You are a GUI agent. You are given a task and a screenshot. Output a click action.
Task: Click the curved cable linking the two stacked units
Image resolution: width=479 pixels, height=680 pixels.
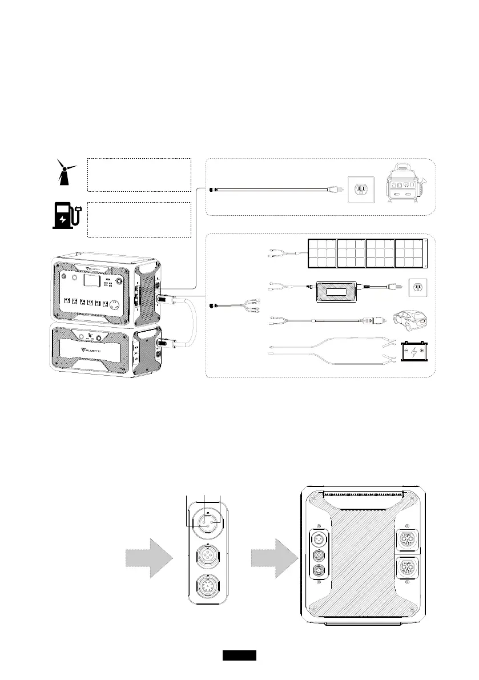click(192, 323)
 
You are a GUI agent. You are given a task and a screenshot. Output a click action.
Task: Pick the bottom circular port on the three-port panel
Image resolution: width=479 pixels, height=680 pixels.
click(207, 588)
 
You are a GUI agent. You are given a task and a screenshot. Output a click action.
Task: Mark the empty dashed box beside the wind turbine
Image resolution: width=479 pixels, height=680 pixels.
click(138, 175)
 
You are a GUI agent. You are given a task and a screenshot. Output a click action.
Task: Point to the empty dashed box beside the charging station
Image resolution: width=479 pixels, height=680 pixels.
click(138, 219)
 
